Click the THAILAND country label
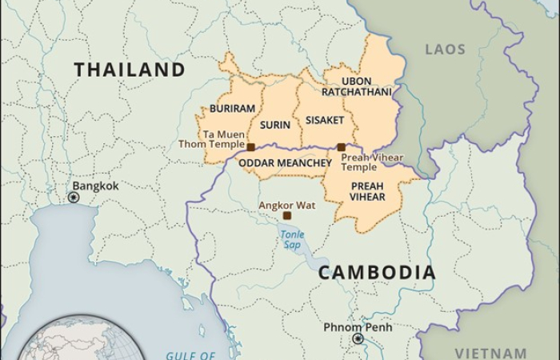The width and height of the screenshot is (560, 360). [130, 70]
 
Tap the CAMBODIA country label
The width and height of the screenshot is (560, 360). [378, 272]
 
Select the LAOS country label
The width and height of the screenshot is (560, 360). [445, 50]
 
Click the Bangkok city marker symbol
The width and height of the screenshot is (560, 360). [74, 197]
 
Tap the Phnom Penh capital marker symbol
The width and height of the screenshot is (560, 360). [358, 339]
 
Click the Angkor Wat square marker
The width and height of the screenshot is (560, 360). [286, 216]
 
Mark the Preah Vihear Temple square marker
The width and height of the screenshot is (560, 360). [341, 147]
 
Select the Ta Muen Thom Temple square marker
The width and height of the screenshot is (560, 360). [250, 147]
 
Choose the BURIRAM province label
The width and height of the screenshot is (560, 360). [232, 109]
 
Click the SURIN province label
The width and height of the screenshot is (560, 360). [274, 126]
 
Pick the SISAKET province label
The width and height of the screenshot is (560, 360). [324, 120]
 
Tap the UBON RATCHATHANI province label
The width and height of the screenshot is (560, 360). [357, 86]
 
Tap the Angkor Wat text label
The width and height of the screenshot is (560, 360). [286, 205]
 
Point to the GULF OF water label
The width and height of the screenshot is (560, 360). [190, 355]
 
